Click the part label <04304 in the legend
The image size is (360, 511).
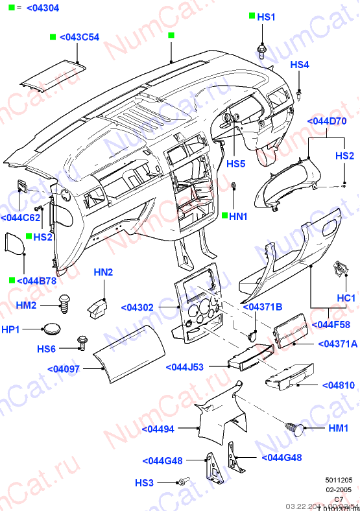point(42,8)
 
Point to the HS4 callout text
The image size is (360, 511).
point(299,65)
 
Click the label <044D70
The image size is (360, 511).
point(326,121)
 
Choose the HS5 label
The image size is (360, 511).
point(235,164)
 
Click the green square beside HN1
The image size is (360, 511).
point(224,216)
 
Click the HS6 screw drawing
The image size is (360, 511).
point(82,342)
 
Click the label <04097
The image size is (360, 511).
point(63,369)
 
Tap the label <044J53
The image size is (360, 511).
point(185,367)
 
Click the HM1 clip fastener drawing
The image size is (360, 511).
point(295,428)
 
